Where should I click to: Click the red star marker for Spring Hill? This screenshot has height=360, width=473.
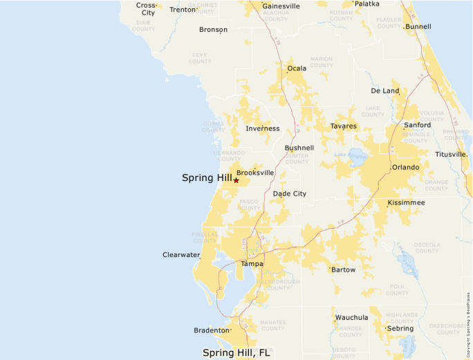coord(236,180)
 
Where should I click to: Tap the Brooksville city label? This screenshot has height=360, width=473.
coord(255,173)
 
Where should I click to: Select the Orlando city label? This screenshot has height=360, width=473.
coord(405,167)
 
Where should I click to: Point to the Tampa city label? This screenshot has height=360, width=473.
coord(252,264)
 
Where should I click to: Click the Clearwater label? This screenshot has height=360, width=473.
coord(181,255)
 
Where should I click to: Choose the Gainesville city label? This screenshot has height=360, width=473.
coord(281,6)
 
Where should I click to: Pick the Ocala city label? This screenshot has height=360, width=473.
coord(297,68)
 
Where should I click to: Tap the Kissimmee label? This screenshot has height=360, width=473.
coord(406,202)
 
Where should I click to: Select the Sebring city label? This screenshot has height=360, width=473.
coord(400,328)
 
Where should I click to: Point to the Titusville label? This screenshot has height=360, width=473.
coord(452,154)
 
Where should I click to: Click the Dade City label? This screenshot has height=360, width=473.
coord(289,194)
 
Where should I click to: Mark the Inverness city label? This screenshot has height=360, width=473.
coord(263,129)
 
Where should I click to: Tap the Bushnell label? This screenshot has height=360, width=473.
coord(299,148)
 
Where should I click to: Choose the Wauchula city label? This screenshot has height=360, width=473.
coord(351,317)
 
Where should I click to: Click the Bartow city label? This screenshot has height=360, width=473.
coord(343,269)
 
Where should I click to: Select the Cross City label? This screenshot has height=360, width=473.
coord(146,9)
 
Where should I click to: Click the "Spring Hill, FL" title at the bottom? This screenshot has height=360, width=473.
coord(236,352)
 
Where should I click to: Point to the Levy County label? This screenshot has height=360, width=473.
coord(200,57)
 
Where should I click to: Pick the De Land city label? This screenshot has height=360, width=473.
coord(385,91)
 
